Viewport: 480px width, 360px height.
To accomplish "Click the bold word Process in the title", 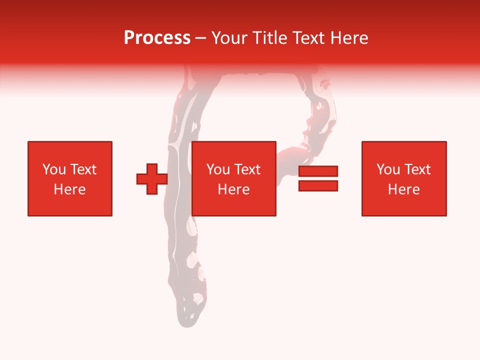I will tap(157, 38).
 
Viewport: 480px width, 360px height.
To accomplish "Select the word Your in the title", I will tap(229, 38).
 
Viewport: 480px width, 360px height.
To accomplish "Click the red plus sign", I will tap(152, 179).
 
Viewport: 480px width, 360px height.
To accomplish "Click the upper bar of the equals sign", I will tap(318, 171).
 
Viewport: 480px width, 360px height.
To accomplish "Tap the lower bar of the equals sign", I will tap(318, 185).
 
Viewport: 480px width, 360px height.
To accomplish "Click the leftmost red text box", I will tap(70, 178).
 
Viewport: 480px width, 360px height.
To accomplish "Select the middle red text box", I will tap(234, 178).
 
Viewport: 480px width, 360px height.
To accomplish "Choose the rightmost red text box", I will tap(404, 178).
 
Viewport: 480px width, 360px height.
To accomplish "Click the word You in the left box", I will tap(54, 169).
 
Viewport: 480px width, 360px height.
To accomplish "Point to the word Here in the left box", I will tap(70, 189).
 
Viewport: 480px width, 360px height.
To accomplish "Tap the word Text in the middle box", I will tap(247, 169).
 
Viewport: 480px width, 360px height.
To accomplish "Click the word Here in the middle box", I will tap(234, 189).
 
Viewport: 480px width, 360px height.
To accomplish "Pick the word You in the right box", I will tap(388, 169).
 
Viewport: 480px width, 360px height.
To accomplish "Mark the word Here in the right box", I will tap(404, 189).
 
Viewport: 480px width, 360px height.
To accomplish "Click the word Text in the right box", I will tap(417, 169).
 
